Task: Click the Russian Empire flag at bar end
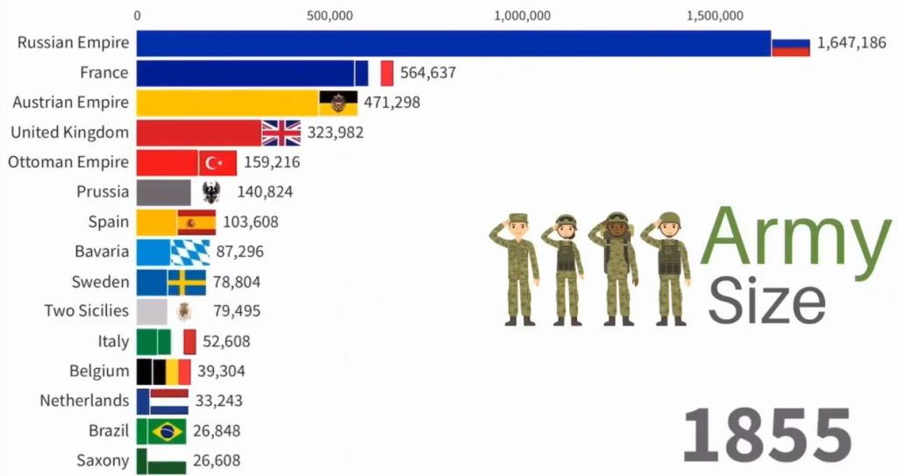(x=790, y=43)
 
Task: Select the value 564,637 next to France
(x=428, y=73)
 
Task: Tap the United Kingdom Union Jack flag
(x=281, y=132)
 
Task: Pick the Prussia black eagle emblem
(x=210, y=192)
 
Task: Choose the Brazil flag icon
(x=167, y=430)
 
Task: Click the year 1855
(x=766, y=434)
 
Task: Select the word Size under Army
(x=766, y=300)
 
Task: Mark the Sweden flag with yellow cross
(x=186, y=282)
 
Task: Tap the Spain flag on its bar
(x=196, y=222)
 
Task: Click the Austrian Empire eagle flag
(x=338, y=103)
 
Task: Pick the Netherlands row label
(x=84, y=401)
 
